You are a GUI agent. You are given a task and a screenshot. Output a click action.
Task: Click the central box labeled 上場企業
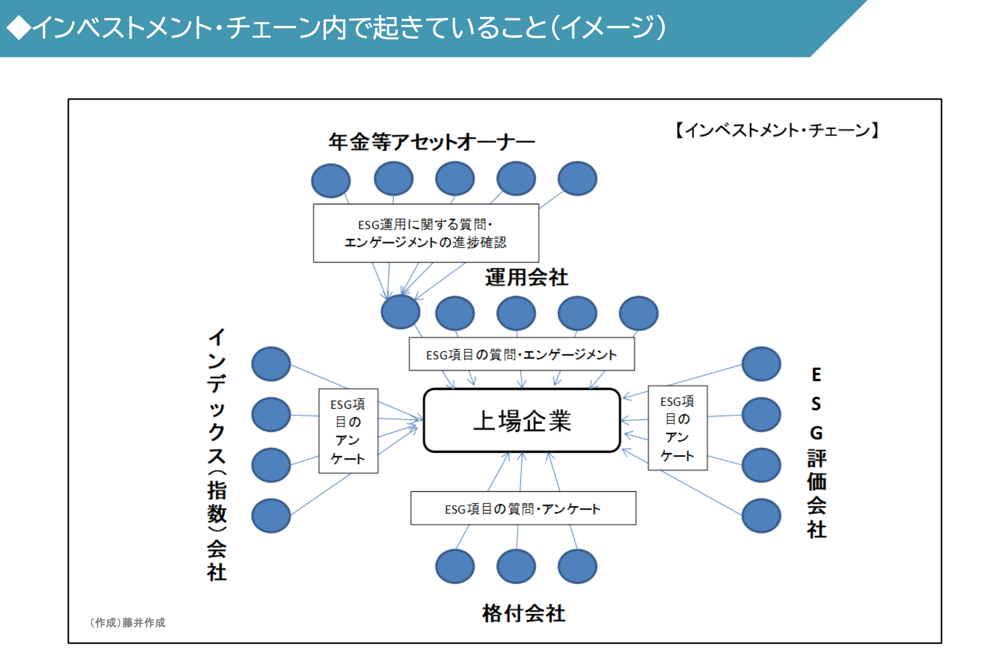[x=522, y=421]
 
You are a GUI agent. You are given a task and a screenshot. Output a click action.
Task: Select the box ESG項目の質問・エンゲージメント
[x=521, y=354]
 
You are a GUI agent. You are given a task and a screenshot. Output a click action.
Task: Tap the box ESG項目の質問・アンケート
[x=523, y=508]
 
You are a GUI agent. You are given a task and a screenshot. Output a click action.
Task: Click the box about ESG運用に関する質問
[x=426, y=233]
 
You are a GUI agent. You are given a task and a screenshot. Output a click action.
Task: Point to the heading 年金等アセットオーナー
[x=431, y=142]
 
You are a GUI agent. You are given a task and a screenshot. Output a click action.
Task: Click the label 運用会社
[x=526, y=277]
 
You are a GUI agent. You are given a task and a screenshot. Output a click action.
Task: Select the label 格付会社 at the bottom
[x=524, y=613]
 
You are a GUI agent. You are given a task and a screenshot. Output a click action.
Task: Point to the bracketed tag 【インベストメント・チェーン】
[x=776, y=130]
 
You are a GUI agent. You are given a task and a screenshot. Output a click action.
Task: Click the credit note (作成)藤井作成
[x=128, y=622]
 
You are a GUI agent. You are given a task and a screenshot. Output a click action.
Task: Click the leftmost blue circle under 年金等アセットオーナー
[x=331, y=181]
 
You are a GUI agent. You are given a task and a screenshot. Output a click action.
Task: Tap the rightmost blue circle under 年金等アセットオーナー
[x=577, y=178]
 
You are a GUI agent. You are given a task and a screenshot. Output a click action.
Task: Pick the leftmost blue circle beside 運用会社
[x=401, y=312]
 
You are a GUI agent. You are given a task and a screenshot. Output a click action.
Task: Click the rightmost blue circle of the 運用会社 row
[x=638, y=313]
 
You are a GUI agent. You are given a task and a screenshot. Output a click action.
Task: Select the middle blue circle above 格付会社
[x=516, y=566]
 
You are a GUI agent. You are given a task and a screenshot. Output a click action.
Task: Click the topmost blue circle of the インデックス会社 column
[x=271, y=364]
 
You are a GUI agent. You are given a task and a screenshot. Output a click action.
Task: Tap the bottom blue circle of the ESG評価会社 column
[x=761, y=516]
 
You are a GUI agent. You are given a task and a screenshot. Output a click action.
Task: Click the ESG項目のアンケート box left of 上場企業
[x=348, y=431]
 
